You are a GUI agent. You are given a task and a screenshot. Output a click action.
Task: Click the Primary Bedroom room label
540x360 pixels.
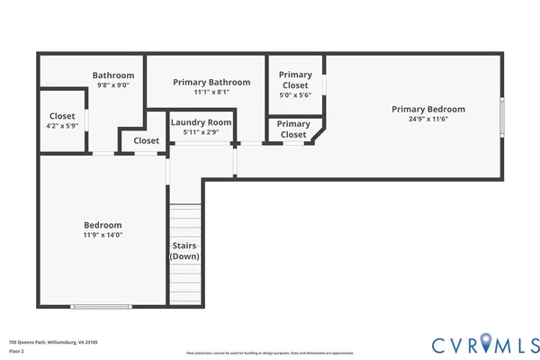pos(434,110)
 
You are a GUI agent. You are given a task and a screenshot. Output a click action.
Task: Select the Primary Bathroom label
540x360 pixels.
pos(211,82)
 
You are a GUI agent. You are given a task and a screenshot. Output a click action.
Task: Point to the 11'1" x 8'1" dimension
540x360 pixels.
pos(211,92)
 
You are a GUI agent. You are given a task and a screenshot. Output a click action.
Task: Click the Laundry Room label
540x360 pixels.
pos(202,122)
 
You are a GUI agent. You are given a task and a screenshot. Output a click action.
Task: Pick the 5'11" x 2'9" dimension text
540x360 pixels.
pos(202,132)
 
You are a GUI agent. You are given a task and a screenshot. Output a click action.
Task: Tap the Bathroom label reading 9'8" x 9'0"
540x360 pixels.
pos(113,76)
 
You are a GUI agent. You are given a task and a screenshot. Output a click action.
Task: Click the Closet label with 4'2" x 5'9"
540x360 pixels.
pos(62,116)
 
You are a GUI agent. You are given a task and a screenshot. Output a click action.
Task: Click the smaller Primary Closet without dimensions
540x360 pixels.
pos(293,129)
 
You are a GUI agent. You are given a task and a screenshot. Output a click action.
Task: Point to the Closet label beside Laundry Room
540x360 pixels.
pos(146,140)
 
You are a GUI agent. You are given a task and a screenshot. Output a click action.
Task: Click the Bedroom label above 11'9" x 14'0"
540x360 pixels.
pos(103,225)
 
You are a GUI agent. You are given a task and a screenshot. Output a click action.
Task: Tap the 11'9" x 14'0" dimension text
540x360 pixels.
pos(103,235)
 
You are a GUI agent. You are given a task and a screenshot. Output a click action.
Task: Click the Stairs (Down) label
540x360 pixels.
pos(184,251)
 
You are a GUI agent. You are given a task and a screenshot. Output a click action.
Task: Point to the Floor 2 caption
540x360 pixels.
pos(17,352)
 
